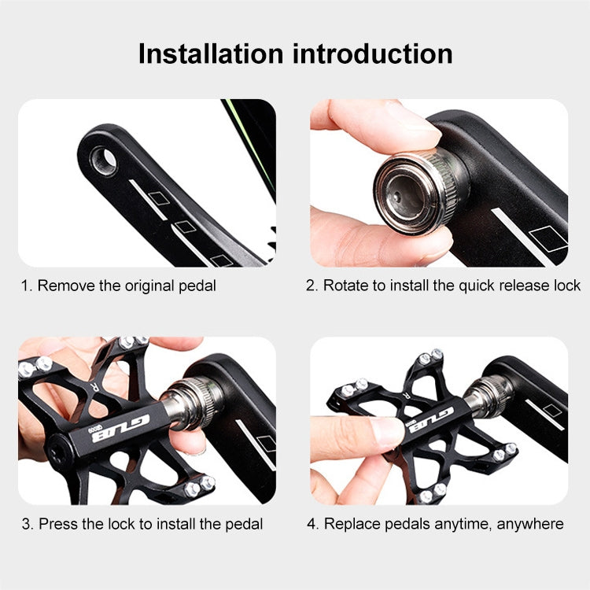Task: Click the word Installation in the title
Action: [210, 53]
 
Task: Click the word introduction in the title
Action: [373, 53]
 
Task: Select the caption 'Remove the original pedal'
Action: [127, 286]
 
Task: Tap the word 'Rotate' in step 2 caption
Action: [346, 286]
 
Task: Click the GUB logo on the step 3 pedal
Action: [120, 427]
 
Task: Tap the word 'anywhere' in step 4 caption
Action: [530, 524]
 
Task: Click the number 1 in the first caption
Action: [25, 286]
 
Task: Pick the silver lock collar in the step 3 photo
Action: [194, 401]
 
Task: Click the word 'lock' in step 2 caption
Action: [567, 286]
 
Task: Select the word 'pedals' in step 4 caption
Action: [411, 524]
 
